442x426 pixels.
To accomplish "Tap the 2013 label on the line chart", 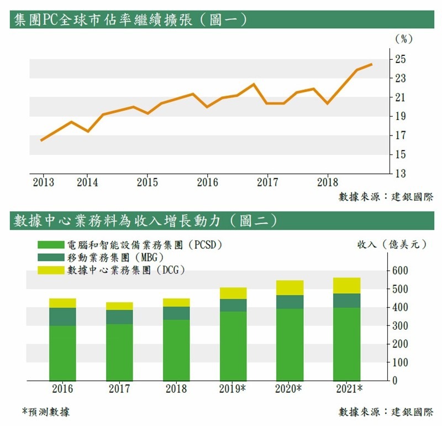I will [43, 182].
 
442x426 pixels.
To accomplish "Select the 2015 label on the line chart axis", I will [148, 182].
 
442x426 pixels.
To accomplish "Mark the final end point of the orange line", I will [372, 64].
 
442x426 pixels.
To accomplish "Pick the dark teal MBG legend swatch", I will [50, 257].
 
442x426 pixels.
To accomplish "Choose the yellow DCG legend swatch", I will [50, 270].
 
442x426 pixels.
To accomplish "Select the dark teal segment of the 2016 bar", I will [62, 316].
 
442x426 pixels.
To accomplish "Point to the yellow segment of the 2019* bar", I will [233, 293].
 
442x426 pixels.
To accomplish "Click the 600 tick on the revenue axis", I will [400, 271].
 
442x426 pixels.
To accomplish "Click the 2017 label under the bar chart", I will [119, 389].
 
